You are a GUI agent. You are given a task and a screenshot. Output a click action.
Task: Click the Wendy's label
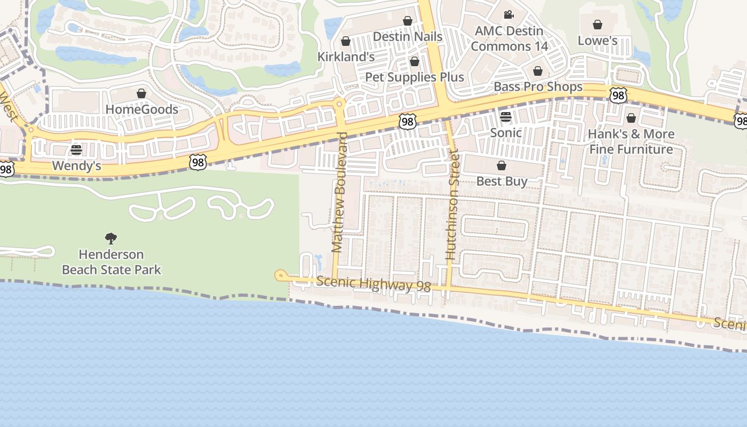tap(76, 165)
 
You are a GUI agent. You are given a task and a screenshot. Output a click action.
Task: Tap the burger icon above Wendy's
tap(76, 149)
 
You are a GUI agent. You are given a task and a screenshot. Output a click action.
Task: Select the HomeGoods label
tap(141, 109)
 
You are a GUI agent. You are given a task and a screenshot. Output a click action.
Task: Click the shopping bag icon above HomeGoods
tap(141, 93)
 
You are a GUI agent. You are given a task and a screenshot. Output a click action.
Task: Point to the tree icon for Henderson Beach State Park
tap(111, 238)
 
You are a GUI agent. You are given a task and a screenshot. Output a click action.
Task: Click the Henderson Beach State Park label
tap(111, 262)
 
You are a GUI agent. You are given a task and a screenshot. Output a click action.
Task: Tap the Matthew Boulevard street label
tap(339, 192)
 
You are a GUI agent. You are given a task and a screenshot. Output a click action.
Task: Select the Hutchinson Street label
tap(452, 205)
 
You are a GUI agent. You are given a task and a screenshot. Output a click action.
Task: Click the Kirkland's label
tap(346, 57)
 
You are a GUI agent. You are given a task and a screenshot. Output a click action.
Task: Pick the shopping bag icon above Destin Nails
tap(408, 21)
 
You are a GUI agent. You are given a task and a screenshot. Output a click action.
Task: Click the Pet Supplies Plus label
tap(415, 77)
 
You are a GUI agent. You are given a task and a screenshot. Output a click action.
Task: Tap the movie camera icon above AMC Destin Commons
tap(508, 14)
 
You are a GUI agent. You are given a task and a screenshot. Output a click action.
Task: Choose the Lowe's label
tap(598, 41)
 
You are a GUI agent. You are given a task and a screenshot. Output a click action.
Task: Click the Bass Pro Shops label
tap(538, 86)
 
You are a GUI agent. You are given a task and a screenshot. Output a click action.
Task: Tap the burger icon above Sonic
tap(505, 116)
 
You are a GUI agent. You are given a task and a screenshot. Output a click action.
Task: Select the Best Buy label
tap(502, 181)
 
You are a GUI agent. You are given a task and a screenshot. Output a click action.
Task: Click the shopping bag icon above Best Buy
tap(502, 165)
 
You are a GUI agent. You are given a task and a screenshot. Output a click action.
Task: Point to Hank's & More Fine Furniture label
tap(631, 141)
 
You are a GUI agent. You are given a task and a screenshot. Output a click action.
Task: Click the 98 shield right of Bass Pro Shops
tap(618, 96)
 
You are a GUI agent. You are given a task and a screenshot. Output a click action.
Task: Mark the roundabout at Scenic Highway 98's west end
tap(281, 275)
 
